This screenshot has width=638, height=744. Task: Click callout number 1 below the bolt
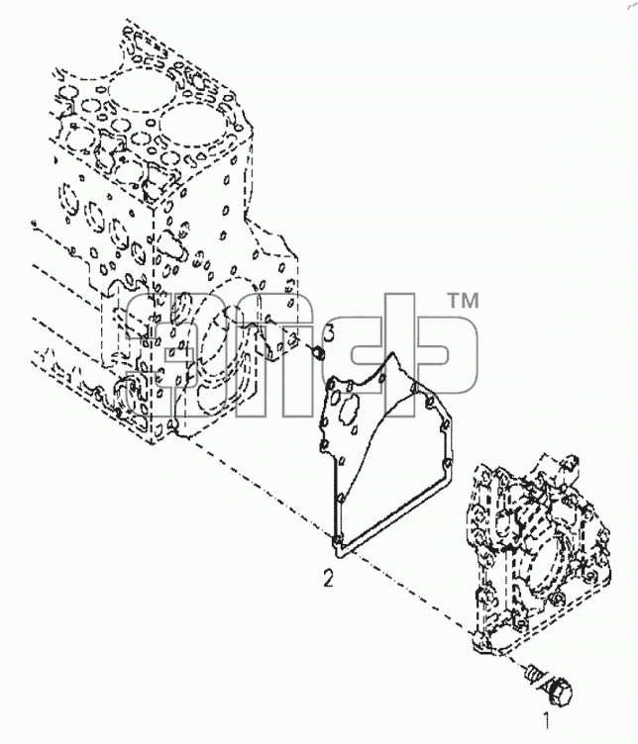[547, 720]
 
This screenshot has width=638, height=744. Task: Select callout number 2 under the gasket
[328, 579]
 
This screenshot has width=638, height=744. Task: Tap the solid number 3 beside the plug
[329, 332]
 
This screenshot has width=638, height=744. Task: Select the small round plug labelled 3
[318, 352]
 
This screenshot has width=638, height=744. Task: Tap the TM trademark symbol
[464, 301]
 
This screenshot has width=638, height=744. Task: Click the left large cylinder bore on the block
[137, 90]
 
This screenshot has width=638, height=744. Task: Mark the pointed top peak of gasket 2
[392, 354]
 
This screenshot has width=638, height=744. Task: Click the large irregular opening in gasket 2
[348, 408]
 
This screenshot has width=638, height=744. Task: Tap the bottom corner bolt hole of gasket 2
[337, 540]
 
